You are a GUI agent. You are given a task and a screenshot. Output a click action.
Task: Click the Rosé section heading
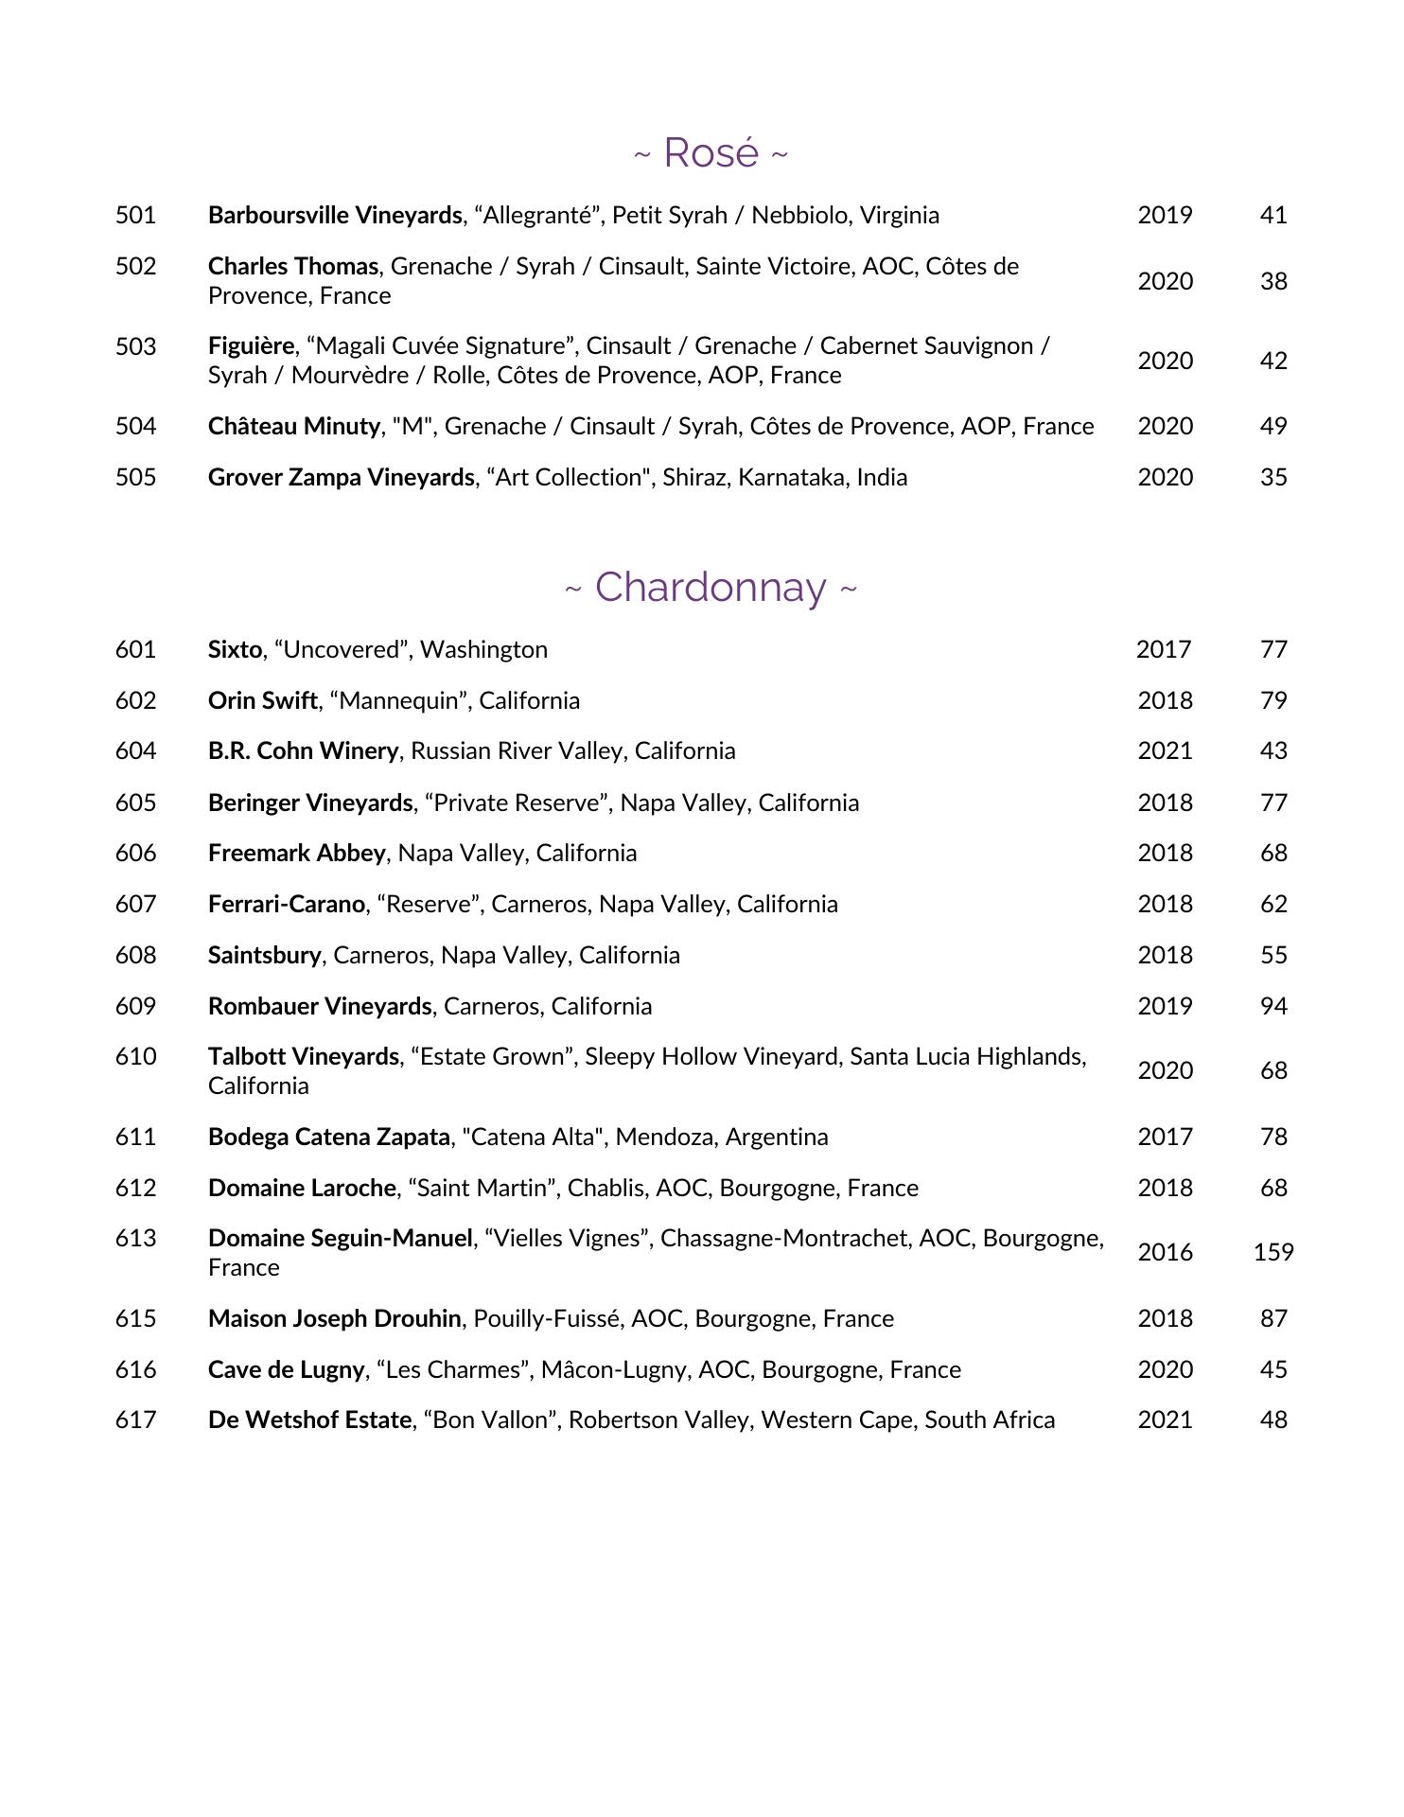(x=711, y=153)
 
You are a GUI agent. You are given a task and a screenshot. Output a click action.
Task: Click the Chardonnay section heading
(x=711, y=588)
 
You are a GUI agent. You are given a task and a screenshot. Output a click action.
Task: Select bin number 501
(x=135, y=216)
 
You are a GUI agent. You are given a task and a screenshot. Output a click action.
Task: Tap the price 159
(x=1272, y=1253)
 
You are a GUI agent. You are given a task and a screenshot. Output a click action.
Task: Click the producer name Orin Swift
(x=262, y=701)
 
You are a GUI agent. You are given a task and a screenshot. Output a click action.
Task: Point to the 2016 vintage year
(x=1165, y=1253)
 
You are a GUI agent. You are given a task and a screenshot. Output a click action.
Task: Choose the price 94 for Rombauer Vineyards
(x=1273, y=1007)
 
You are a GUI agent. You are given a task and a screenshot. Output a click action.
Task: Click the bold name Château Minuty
(x=293, y=427)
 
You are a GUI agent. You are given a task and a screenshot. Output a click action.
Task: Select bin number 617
(x=135, y=1420)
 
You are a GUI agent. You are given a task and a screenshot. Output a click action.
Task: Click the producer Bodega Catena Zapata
(x=328, y=1138)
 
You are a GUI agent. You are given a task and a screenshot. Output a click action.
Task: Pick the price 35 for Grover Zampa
(x=1273, y=478)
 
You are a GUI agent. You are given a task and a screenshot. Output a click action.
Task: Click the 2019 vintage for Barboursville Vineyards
(x=1165, y=216)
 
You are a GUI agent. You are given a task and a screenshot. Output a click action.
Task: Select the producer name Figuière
(x=251, y=346)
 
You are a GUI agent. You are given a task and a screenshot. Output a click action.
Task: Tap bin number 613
(x=135, y=1239)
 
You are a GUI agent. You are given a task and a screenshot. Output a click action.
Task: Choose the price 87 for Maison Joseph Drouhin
(x=1273, y=1319)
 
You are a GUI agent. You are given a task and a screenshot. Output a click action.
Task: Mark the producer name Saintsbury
(x=264, y=956)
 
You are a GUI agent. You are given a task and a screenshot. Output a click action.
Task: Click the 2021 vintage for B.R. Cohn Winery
(x=1165, y=751)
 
